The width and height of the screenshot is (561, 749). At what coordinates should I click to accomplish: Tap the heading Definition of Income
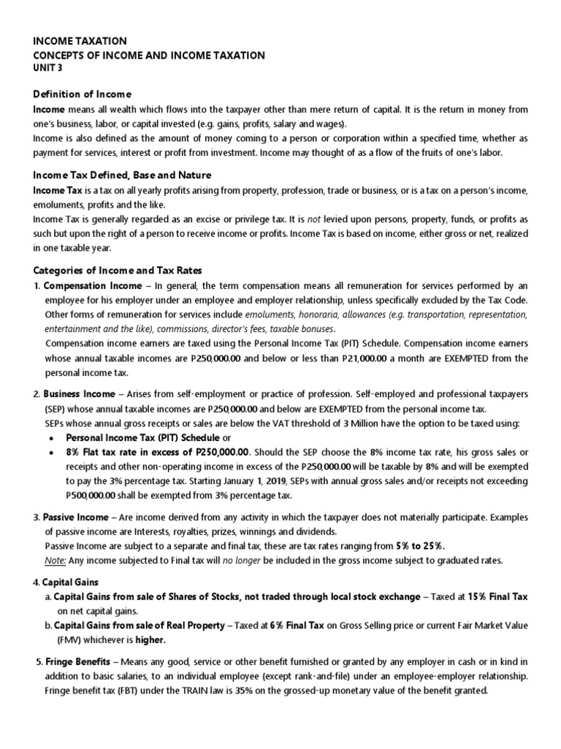pyautogui.click(x=83, y=94)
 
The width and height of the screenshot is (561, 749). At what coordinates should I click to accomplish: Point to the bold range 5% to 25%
pyautogui.click(x=420, y=546)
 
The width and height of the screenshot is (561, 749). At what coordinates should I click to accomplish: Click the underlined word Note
pyautogui.click(x=56, y=560)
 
